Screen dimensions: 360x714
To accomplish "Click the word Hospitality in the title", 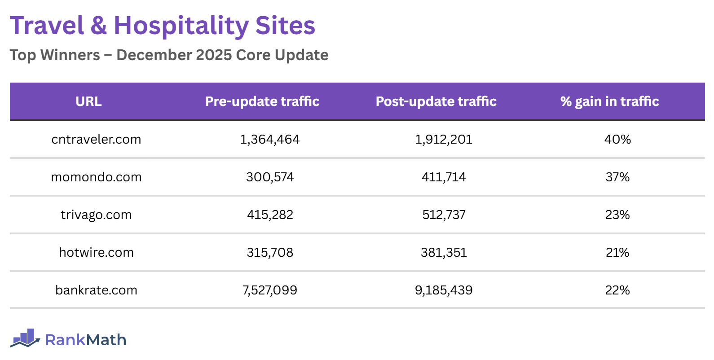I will tap(181, 26).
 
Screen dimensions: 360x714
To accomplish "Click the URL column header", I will tap(88, 101).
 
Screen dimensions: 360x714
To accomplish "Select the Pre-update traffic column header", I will tap(262, 101).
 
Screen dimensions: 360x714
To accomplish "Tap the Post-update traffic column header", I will tap(436, 101).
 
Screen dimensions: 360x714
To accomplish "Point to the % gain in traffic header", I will tap(609, 101).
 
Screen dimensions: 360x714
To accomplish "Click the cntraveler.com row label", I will tap(96, 140).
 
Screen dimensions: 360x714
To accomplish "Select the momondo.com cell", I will tap(96, 177).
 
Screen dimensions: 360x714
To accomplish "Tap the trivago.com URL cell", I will tap(96, 215).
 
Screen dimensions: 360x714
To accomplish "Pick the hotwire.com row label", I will tap(96, 253).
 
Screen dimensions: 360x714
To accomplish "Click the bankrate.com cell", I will tap(96, 290).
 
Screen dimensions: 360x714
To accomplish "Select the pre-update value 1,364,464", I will tap(269, 140).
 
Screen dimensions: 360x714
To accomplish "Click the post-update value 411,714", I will tap(444, 177).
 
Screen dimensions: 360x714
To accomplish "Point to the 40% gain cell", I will tap(617, 140).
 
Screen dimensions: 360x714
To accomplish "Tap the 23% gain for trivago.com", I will tap(617, 215).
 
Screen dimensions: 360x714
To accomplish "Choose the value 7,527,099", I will tap(269, 290).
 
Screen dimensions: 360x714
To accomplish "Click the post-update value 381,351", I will tap(444, 253).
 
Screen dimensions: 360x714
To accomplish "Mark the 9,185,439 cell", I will tap(444, 290).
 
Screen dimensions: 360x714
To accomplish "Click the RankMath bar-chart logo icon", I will tap(25, 338).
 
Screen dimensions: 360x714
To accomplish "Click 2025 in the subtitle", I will tap(214, 55).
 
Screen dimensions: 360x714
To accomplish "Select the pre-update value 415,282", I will tap(269, 215).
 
